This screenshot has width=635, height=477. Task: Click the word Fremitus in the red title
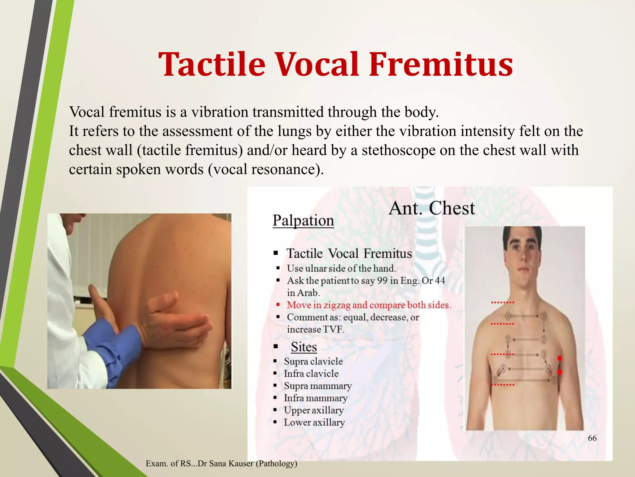tap(441, 64)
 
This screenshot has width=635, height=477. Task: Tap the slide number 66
tap(592, 438)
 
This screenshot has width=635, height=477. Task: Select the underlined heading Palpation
tap(303, 221)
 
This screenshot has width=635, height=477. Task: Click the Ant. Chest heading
tap(431, 208)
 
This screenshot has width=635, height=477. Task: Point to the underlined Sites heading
tap(304, 347)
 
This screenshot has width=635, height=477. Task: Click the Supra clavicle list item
tap(313, 361)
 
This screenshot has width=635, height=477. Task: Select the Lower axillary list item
tap(314, 422)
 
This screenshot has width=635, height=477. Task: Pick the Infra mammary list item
tap(315, 398)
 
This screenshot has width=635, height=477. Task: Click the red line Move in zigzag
tap(369, 305)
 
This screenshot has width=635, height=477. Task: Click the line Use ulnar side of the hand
tap(341, 268)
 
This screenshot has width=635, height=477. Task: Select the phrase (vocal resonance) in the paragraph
tap(266, 170)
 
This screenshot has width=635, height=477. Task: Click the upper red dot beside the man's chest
tap(560, 359)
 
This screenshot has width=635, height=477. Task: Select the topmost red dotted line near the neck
tap(503, 302)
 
